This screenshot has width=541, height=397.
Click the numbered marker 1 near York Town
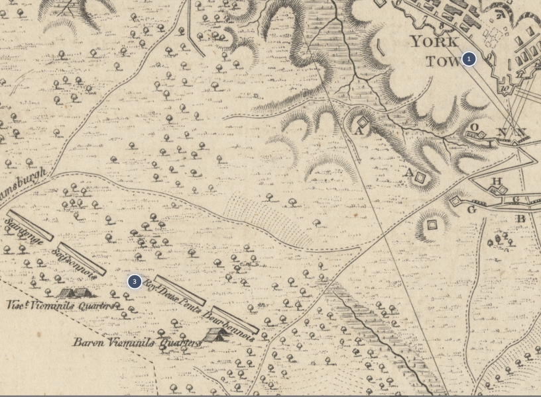(x=469, y=59)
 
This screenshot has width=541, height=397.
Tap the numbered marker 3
(x=135, y=281)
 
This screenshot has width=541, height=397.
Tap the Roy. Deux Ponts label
(x=172, y=296)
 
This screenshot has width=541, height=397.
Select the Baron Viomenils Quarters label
(x=136, y=343)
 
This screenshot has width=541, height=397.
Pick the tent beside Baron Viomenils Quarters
(x=216, y=334)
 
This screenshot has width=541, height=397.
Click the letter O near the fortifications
(x=474, y=127)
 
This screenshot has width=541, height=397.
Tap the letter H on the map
(x=497, y=181)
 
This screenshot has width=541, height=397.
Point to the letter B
(x=520, y=219)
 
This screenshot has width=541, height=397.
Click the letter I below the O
(x=491, y=143)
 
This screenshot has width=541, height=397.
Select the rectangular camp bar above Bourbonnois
(x=235, y=320)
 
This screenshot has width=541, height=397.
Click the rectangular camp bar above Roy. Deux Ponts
(x=180, y=290)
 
